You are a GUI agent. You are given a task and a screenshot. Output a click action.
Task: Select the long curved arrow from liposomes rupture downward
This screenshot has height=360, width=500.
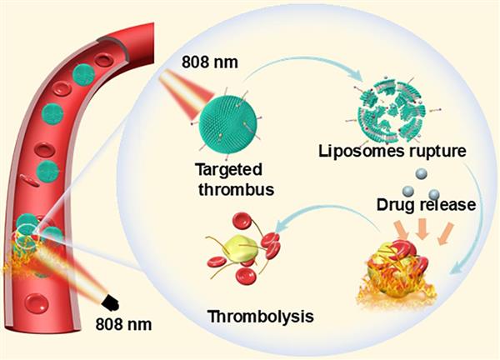click(471, 217)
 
